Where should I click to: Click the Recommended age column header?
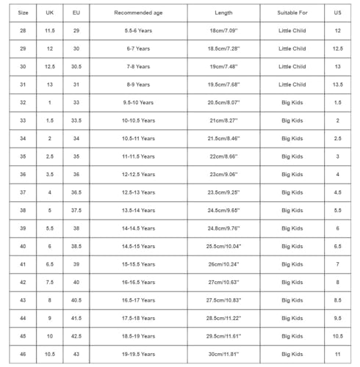pyautogui.click(x=138, y=13)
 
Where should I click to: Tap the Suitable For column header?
pyautogui.click(x=292, y=13)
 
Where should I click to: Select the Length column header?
pyautogui.click(x=223, y=13)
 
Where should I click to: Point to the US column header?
pyautogui.click(x=337, y=13)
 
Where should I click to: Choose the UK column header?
pyautogui.click(x=49, y=13)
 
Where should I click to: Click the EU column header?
pyautogui.click(x=76, y=13)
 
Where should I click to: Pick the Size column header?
pyautogui.click(x=23, y=13)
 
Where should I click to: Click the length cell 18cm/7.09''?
pyautogui.click(x=223, y=31)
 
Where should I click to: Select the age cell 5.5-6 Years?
pyautogui.click(x=138, y=31)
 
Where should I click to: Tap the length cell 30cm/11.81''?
pyautogui.click(x=223, y=354)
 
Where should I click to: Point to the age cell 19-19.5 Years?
pyautogui.click(x=138, y=354)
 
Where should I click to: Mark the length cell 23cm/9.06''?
pyautogui.click(x=223, y=175)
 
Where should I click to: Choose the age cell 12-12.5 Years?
pyautogui.click(x=138, y=175)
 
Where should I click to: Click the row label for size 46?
pyautogui.click(x=23, y=354)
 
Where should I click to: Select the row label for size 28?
pyautogui.click(x=23, y=31)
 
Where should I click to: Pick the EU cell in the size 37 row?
pyautogui.click(x=76, y=192)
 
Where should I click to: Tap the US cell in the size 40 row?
pyautogui.click(x=337, y=246)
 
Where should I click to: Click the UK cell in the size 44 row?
pyautogui.click(x=49, y=318)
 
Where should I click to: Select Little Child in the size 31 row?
pyautogui.click(x=292, y=84)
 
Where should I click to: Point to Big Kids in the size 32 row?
pyautogui.click(x=292, y=103)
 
